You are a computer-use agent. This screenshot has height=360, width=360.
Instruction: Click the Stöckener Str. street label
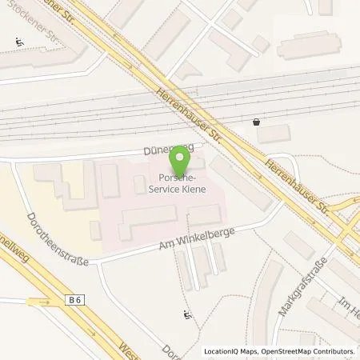click(48, 30)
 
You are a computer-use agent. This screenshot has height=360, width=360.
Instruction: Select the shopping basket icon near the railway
click(255, 123)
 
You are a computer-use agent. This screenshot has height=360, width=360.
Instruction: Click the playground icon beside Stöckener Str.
click(19, 42)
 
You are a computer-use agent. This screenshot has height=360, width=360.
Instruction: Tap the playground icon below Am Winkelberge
click(187, 314)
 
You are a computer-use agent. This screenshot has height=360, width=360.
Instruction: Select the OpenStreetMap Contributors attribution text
click(308, 351)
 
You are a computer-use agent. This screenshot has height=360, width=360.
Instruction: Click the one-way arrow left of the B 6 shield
click(34, 302)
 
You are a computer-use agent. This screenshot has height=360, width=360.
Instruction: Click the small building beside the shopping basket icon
click(274, 134)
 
